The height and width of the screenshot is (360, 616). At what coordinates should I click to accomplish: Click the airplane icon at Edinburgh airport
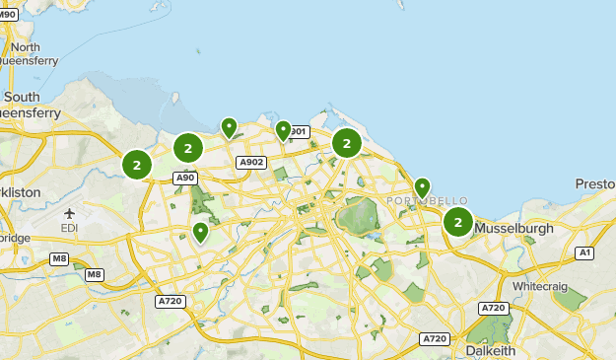pos(69,213)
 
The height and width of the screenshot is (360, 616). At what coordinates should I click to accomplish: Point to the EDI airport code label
pos(69,228)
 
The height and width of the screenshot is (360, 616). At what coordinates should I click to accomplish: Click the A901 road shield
pos(299,131)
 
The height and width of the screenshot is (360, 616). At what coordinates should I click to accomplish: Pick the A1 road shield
pos(585,253)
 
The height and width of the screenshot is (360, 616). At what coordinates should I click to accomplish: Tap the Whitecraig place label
pos(541,287)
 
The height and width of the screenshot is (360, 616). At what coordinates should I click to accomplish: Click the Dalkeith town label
pos(492,349)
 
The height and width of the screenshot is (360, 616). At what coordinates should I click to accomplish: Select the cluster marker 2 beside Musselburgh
pos(458,222)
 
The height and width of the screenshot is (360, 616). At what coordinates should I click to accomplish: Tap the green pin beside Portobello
pos(422,186)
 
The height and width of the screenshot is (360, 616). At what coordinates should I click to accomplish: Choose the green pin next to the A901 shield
pos(283,129)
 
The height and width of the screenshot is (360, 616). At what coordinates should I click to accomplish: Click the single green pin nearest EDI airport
pos(200,232)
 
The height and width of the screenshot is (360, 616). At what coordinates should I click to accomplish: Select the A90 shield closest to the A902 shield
pos(184,178)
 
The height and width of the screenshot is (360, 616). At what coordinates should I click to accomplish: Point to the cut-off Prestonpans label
pos(595,184)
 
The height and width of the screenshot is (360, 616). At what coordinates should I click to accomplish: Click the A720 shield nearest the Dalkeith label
pos(435,338)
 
